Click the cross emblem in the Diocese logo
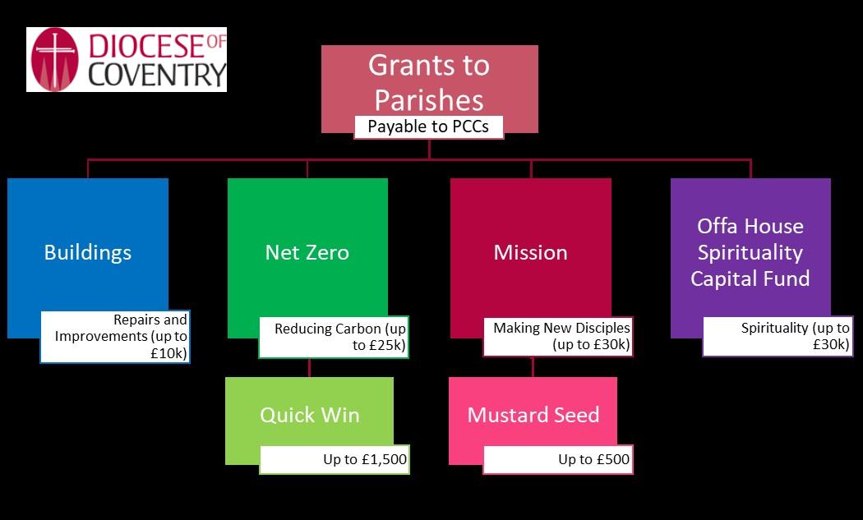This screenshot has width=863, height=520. pos(54,59)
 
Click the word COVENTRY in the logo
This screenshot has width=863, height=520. pos(157,75)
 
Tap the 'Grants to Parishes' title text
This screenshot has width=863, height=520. pos(429,82)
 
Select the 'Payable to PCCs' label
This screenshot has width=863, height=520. pos(428,127)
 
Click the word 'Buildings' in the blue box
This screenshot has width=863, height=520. pos(88,252)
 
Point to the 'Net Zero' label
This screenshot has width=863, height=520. pos(307,252)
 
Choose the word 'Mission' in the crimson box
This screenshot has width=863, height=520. pos(531,252)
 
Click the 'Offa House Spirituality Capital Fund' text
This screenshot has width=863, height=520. pos(750,252)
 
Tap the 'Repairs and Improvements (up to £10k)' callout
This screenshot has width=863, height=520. pos(115,337)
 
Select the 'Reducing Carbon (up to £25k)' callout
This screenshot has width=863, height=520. pos(334,338)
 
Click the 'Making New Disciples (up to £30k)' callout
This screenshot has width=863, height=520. pos(558,337)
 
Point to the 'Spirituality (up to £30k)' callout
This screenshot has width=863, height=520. pos(778,337)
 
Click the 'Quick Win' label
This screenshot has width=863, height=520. pos(310,415)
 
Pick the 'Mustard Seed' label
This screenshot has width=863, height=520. pos(533,415)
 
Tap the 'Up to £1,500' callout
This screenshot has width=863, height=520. pos(334,459)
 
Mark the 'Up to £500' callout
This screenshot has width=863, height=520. pos(558,459)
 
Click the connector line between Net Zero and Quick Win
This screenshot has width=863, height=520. pos(309,367)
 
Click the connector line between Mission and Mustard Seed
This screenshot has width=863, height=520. pos(533,367)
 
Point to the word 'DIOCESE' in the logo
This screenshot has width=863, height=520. pos(146,46)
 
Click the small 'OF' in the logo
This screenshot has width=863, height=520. pos(216,42)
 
